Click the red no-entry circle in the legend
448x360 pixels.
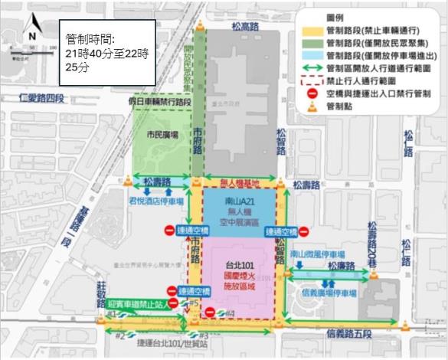[x=311, y=93]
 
